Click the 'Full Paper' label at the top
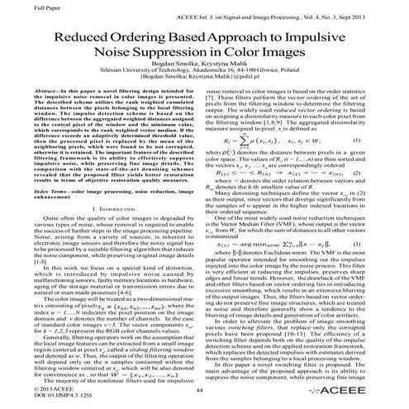(x=26, y=7)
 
